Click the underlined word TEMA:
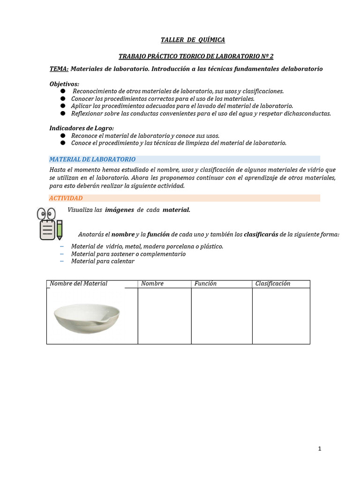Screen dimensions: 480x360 (59, 69)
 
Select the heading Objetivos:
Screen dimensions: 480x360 (64, 83)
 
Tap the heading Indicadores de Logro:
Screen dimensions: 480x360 (82, 128)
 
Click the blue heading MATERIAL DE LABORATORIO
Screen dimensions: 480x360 (92, 159)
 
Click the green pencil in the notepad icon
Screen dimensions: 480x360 (60, 229)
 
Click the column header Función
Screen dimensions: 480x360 (205, 284)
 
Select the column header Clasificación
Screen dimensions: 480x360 (273, 284)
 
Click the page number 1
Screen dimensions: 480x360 (320, 449)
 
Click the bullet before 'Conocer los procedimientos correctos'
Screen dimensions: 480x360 (62, 99)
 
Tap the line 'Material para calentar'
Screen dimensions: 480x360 (103, 261)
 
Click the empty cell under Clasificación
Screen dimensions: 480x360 (281, 316)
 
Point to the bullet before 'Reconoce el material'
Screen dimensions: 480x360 (62, 135)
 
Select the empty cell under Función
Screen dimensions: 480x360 (221, 316)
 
